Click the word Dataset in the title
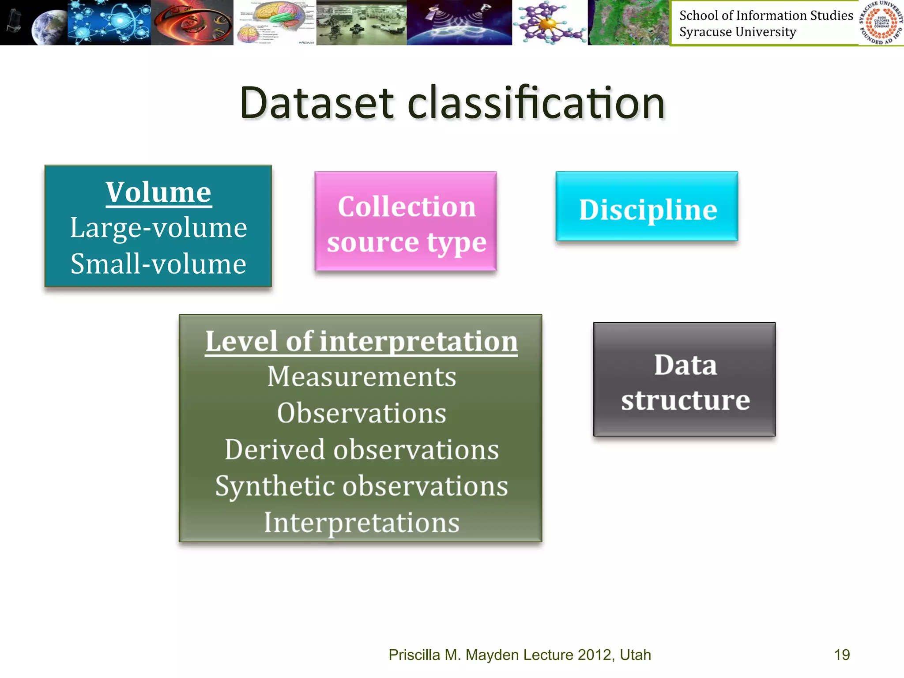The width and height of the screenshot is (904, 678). pos(316,103)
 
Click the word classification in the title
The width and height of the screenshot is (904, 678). pos(535,103)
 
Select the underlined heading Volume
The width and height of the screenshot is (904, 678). pos(158,192)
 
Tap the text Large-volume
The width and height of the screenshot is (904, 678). pos(158,228)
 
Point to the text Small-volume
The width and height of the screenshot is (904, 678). pos(158,264)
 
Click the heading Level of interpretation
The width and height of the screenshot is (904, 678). pos(361,341)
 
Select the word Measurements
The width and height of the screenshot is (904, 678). pos(361,377)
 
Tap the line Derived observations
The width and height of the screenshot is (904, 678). pos(361,450)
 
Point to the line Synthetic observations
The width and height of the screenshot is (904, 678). pos(361,486)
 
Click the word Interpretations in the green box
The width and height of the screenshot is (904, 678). pos(361,523)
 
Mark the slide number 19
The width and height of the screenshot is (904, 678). pos(842,655)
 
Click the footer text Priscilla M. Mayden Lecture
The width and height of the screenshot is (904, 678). pos(481,655)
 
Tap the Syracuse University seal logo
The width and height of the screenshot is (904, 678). pos(881,23)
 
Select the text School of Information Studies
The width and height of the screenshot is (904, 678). pos(766,15)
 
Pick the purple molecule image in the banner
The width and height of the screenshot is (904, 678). pos(550,22)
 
